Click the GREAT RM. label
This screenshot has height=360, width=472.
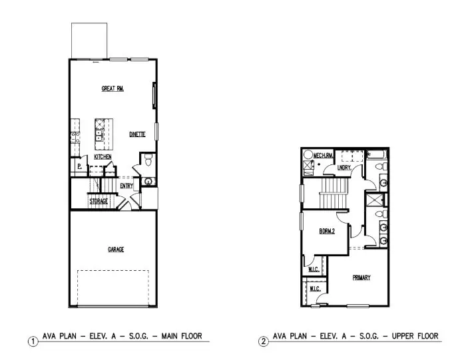pos(113,88)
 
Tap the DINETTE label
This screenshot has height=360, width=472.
pos(137,134)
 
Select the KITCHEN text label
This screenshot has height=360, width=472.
pos(102,156)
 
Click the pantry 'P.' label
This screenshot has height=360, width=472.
pos(79,166)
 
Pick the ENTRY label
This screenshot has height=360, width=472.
pos(126,186)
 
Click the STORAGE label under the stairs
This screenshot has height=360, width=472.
pos(99,201)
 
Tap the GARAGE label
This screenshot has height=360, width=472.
pos(116,250)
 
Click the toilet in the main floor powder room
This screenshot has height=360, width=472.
pos(148,160)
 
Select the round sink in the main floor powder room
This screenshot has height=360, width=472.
pos(147,180)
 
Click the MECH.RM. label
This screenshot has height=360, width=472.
pos(323,155)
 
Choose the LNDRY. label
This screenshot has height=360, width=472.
pos(344,168)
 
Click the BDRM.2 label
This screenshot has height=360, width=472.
pos(326,232)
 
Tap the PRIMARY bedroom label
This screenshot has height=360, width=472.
pos(361,277)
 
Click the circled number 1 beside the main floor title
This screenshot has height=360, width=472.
pos(32,341)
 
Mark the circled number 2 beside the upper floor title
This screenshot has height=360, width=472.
pos(263,341)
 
